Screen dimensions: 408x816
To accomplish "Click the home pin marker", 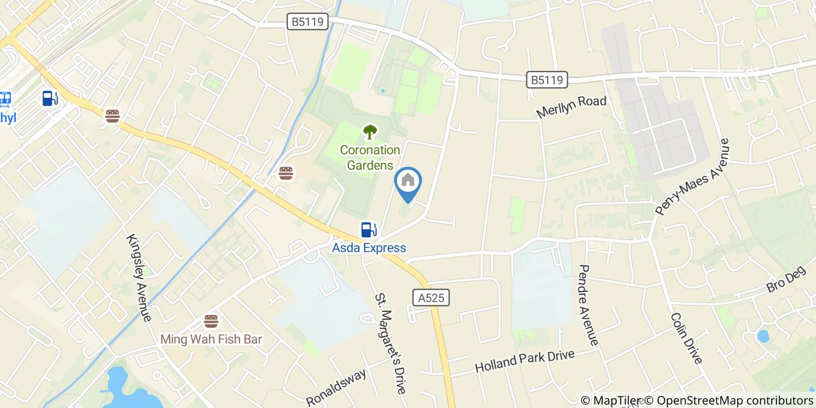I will click(x=408, y=182).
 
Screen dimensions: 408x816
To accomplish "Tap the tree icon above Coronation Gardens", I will click(x=370, y=132).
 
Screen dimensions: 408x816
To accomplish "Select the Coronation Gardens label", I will click(x=370, y=157).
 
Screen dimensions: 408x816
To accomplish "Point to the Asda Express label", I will click(x=369, y=248).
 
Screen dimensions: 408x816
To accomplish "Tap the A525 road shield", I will click(x=431, y=298).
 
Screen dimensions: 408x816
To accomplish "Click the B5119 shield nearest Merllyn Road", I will click(x=547, y=80).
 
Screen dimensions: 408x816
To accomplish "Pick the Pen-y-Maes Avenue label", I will click(x=692, y=177).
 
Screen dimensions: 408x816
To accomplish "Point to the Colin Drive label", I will click(x=686, y=339).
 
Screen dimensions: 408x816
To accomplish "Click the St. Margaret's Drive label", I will click(x=390, y=343).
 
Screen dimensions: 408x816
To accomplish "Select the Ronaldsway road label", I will click(x=337, y=387).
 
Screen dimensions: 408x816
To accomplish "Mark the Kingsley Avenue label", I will click(x=139, y=278).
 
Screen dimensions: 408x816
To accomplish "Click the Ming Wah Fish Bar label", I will click(x=211, y=339).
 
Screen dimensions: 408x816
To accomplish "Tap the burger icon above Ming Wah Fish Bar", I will click(x=211, y=321).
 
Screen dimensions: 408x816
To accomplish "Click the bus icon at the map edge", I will click(x=6, y=99).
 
